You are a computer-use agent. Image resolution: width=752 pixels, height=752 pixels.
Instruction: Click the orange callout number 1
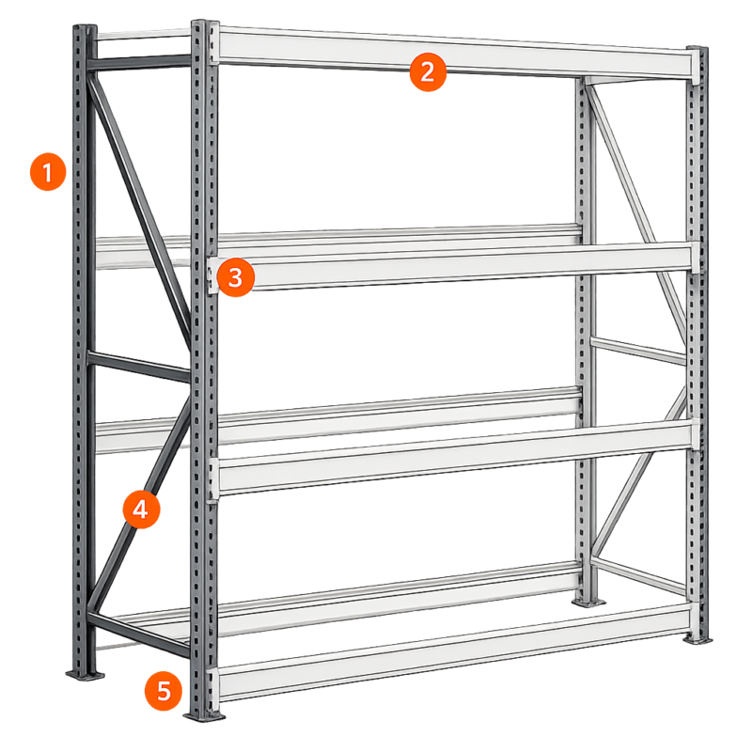click(x=48, y=172)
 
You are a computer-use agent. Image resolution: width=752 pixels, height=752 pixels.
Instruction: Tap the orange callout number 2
click(x=428, y=72)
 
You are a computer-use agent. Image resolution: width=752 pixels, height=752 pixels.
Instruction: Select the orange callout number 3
click(x=236, y=277)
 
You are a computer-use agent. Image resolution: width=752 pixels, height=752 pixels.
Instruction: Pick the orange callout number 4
click(x=141, y=509)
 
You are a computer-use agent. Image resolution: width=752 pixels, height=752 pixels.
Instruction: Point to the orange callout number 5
click(x=164, y=691)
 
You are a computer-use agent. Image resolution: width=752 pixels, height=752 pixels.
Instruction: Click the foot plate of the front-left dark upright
click(x=86, y=674)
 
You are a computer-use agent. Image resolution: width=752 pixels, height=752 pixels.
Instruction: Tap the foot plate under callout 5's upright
click(x=204, y=715)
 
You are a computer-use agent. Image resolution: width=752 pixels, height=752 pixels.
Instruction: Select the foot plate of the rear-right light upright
click(x=588, y=602)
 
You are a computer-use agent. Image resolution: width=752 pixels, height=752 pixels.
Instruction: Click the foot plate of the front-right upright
click(x=697, y=639)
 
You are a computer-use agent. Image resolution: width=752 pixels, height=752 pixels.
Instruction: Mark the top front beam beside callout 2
click(x=455, y=52)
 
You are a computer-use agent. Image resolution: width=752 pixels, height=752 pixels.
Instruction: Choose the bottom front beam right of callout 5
click(x=455, y=651)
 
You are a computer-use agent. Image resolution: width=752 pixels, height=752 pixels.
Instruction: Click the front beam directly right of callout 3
click(x=455, y=266)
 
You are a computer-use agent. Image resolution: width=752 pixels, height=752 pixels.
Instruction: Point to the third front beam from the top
click(x=455, y=458)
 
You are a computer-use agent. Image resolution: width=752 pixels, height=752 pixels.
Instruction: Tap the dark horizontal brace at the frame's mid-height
click(x=139, y=367)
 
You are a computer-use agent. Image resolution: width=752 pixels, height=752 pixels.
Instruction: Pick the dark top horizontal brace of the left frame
click(x=140, y=63)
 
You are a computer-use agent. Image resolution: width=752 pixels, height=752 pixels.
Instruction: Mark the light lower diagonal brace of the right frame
click(x=639, y=472)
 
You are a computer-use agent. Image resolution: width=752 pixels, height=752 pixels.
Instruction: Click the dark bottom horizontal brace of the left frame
click(x=139, y=634)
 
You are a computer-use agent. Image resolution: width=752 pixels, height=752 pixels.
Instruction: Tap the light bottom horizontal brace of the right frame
click(x=639, y=574)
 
